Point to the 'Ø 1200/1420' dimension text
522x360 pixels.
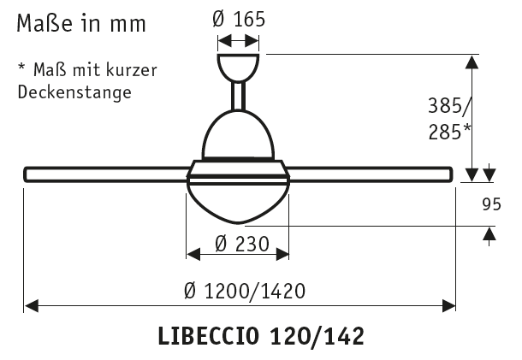coord(245,291)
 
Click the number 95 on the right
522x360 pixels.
coord(490,204)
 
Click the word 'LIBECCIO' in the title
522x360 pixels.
coord(208,336)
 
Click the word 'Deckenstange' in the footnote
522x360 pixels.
coord(74,91)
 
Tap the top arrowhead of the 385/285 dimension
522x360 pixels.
coord(472,62)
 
